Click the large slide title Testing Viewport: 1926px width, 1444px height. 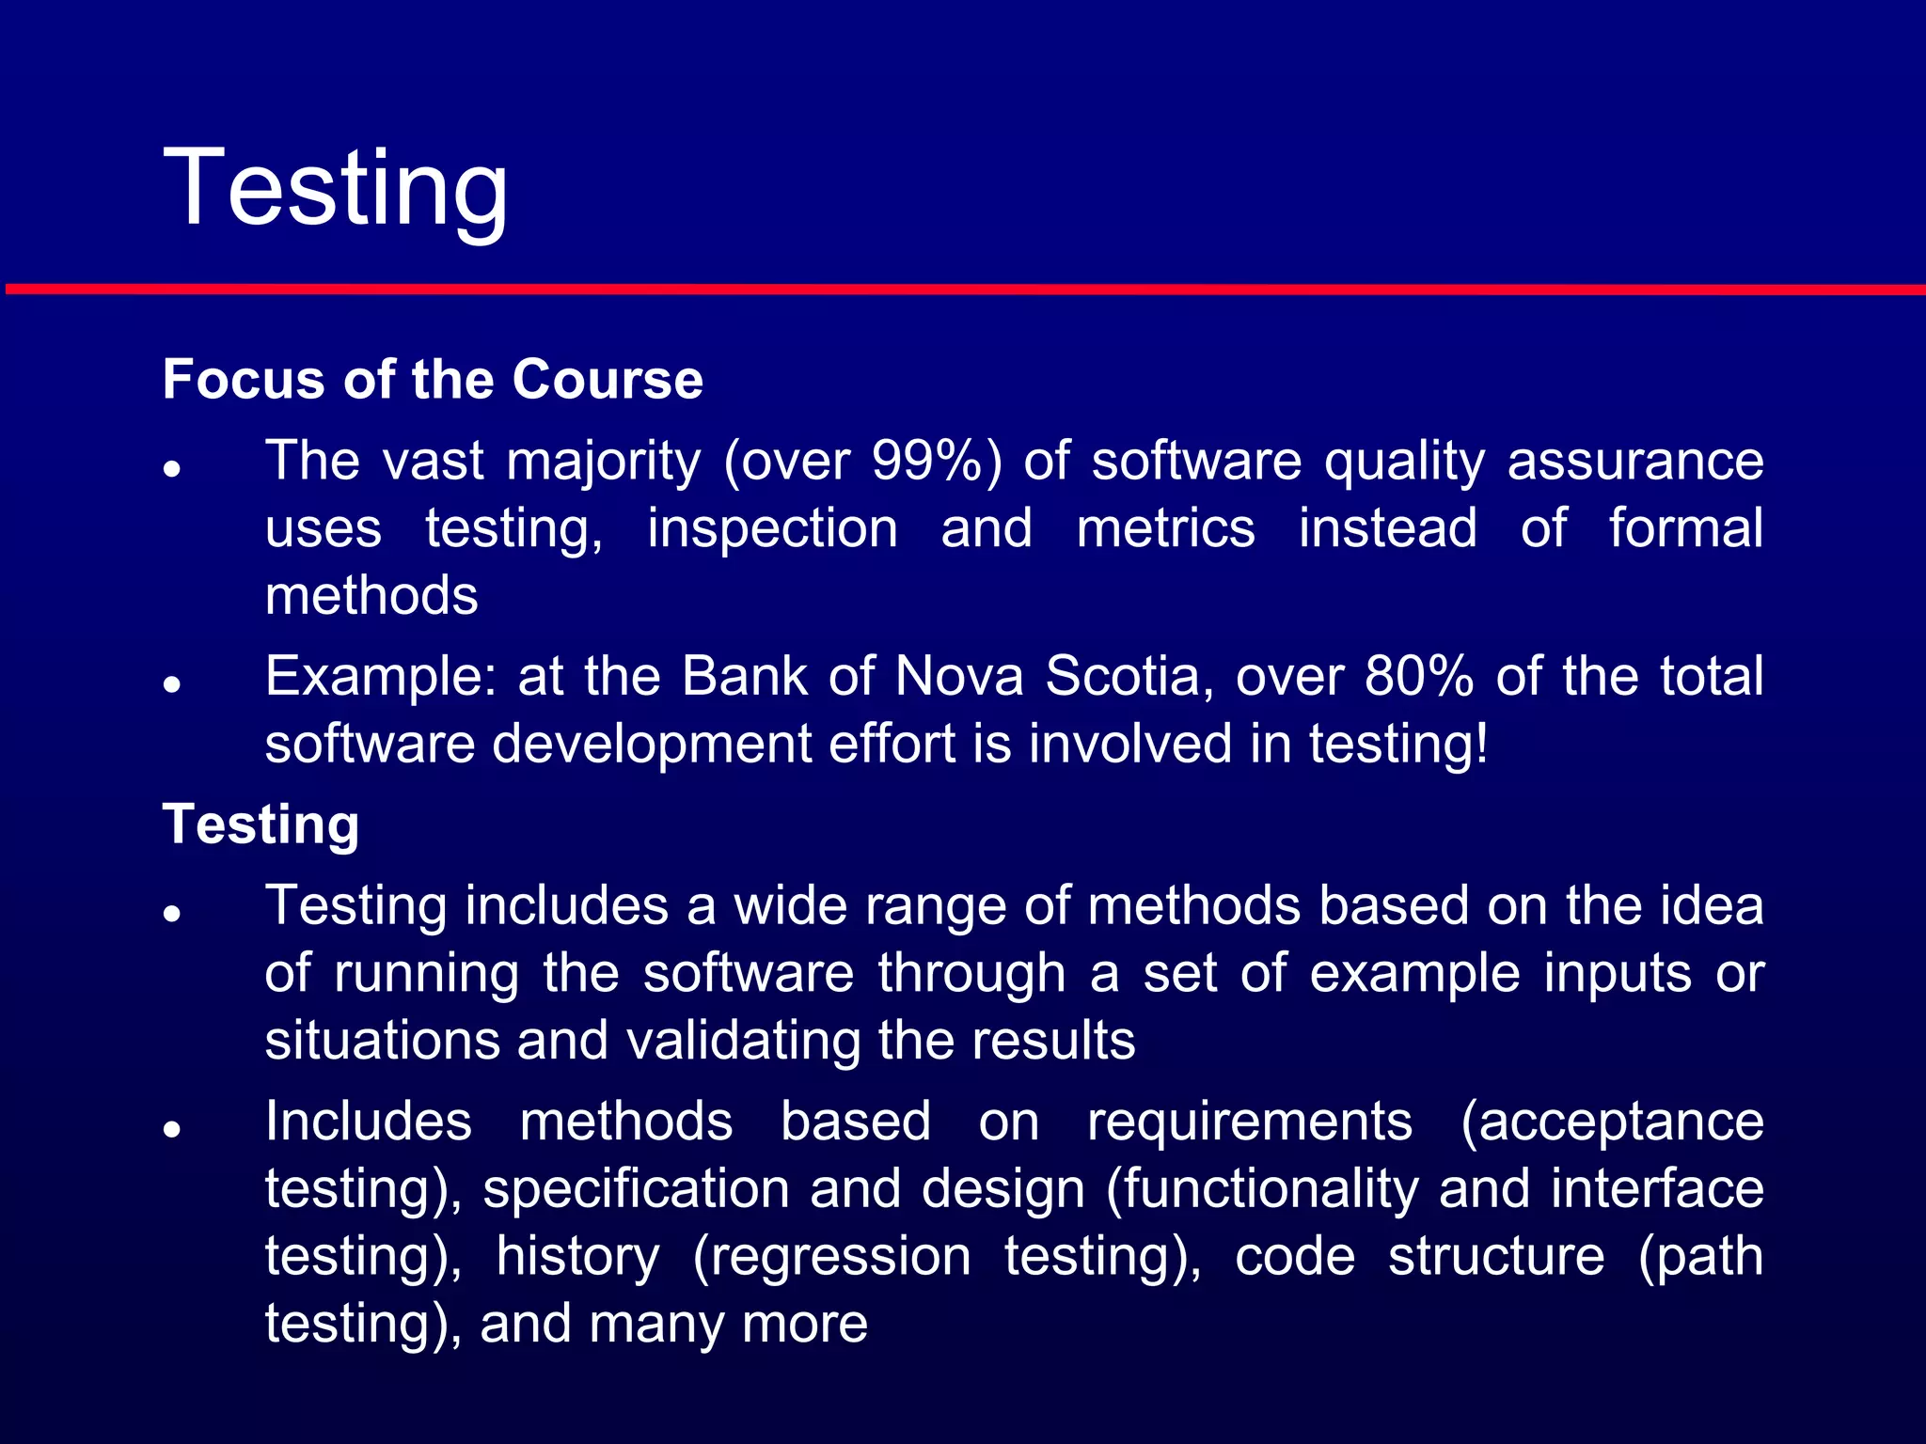336,188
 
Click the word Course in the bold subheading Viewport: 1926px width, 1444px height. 607,379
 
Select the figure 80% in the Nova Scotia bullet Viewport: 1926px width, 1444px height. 1419,676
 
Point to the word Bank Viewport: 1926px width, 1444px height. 744,676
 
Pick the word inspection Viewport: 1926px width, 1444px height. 772,528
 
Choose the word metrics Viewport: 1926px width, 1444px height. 1165,528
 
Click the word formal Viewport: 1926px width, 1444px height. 1685,528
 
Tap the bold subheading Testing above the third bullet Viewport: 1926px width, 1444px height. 260,824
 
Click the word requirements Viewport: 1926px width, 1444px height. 1249,1122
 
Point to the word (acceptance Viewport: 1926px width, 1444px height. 1612,1122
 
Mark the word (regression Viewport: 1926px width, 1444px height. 831,1257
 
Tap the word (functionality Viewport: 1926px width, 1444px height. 1261,1189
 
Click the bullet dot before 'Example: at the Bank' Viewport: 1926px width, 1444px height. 171,684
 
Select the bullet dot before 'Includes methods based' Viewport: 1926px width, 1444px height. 171,1129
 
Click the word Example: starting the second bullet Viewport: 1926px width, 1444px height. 381,676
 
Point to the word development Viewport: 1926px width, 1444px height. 651,744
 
